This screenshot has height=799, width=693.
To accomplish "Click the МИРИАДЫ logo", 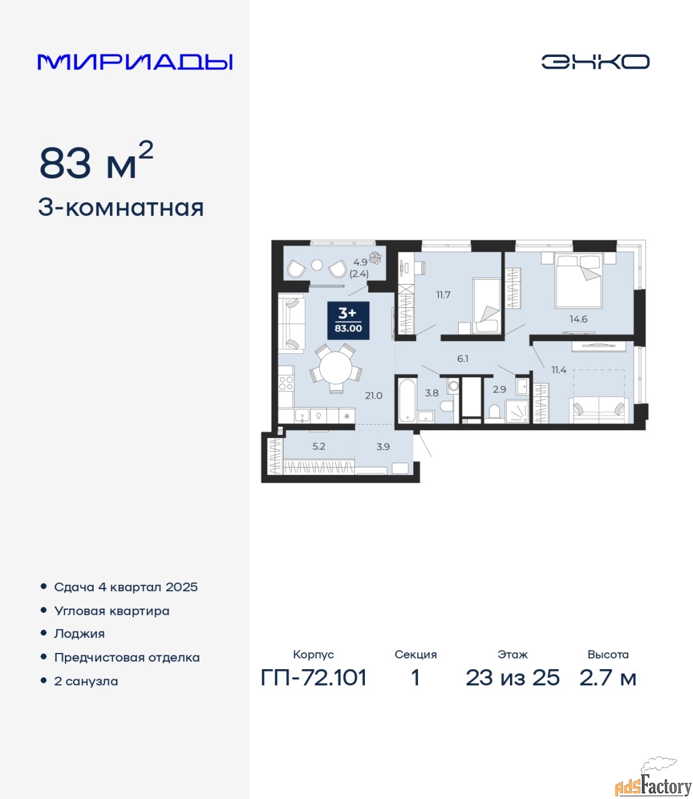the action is click(135, 62).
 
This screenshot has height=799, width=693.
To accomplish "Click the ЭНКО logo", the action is click(595, 61).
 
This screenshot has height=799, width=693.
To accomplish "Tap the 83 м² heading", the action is click(96, 161).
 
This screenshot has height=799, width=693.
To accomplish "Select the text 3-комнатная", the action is click(121, 208).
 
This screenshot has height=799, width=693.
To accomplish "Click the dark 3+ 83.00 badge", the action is click(348, 320).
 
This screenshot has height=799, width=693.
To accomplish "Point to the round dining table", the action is click(336, 367).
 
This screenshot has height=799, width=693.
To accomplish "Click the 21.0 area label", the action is click(374, 395).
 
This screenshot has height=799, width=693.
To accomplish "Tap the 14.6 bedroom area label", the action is click(579, 319).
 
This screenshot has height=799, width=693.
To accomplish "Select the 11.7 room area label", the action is click(444, 295).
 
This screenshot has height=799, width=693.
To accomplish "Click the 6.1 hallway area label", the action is click(463, 359).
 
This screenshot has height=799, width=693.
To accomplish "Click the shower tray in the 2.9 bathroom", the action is click(517, 411).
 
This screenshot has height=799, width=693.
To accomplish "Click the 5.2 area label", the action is click(319, 446).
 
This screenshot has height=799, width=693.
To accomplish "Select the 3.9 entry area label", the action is click(383, 447).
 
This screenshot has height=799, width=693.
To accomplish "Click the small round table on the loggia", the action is click(317, 265).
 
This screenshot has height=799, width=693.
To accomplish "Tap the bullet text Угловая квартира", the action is click(112, 611).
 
